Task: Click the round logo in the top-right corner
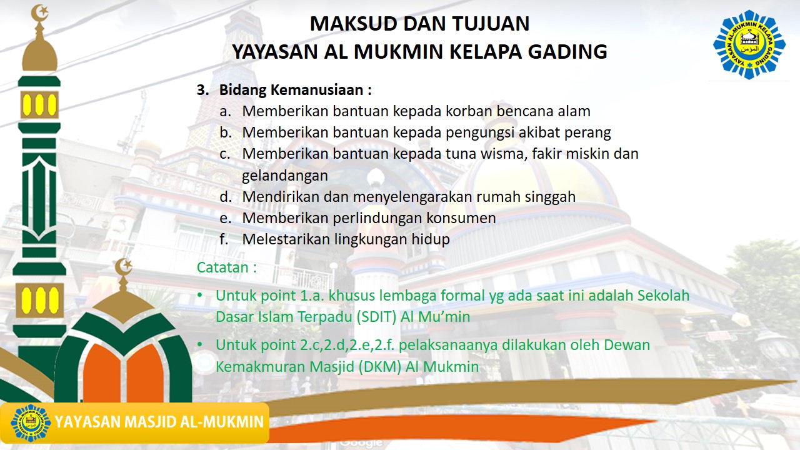tap(749, 44)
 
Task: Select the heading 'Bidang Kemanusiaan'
tap(295, 90)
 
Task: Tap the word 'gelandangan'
tap(285, 176)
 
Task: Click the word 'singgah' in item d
tap(549, 197)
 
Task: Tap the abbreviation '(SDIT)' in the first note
tap(377, 317)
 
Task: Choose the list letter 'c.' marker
tap(226, 154)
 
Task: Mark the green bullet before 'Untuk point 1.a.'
tap(200, 295)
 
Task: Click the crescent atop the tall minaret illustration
tap(40, 11)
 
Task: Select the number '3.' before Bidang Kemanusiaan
tap(202, 90)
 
